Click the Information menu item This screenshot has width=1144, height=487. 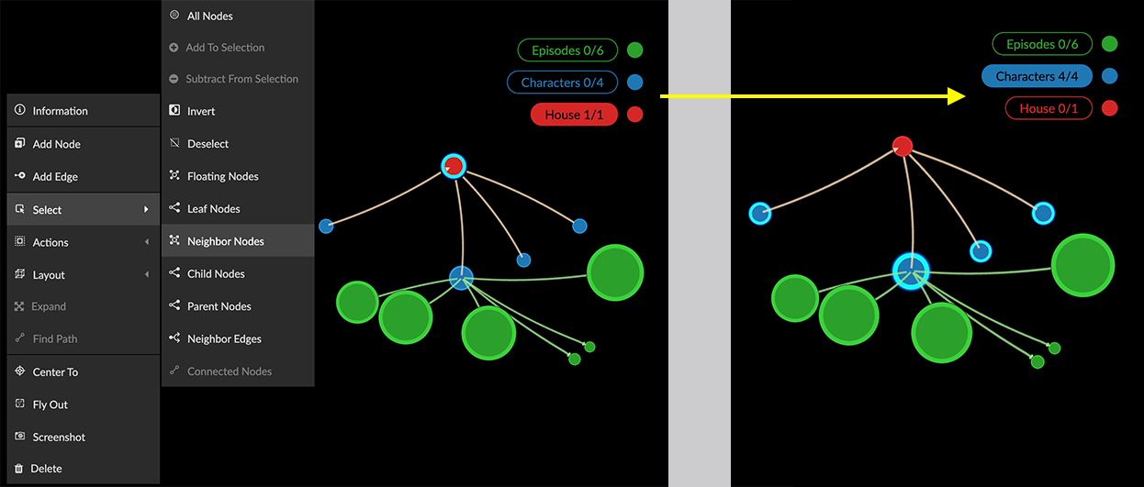(61, 111)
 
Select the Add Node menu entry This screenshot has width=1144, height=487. (57, 144)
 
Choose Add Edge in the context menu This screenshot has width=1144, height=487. (55, 177)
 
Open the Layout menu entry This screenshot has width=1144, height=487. (50, 275)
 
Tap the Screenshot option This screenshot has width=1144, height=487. (59, 437)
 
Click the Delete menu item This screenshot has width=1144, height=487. (47, 469)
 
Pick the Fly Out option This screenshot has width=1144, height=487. (50, 404)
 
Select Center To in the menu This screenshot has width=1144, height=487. (55, 372)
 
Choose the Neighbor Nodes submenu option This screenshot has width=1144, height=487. (226, 241)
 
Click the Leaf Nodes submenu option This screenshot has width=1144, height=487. (214, 209)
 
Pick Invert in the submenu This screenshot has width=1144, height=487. (201, 111)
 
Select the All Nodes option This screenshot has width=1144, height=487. (210, 17)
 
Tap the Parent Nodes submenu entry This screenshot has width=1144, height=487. (219, 306)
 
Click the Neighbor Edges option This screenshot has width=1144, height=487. (224, 339)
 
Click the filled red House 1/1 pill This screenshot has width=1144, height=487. (574, 115)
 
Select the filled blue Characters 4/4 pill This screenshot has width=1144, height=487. (1036, 76)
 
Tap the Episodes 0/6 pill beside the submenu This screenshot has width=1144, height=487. (561, 50)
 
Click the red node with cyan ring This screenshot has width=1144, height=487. (454, 166)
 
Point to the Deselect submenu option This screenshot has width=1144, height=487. (208, 144)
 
